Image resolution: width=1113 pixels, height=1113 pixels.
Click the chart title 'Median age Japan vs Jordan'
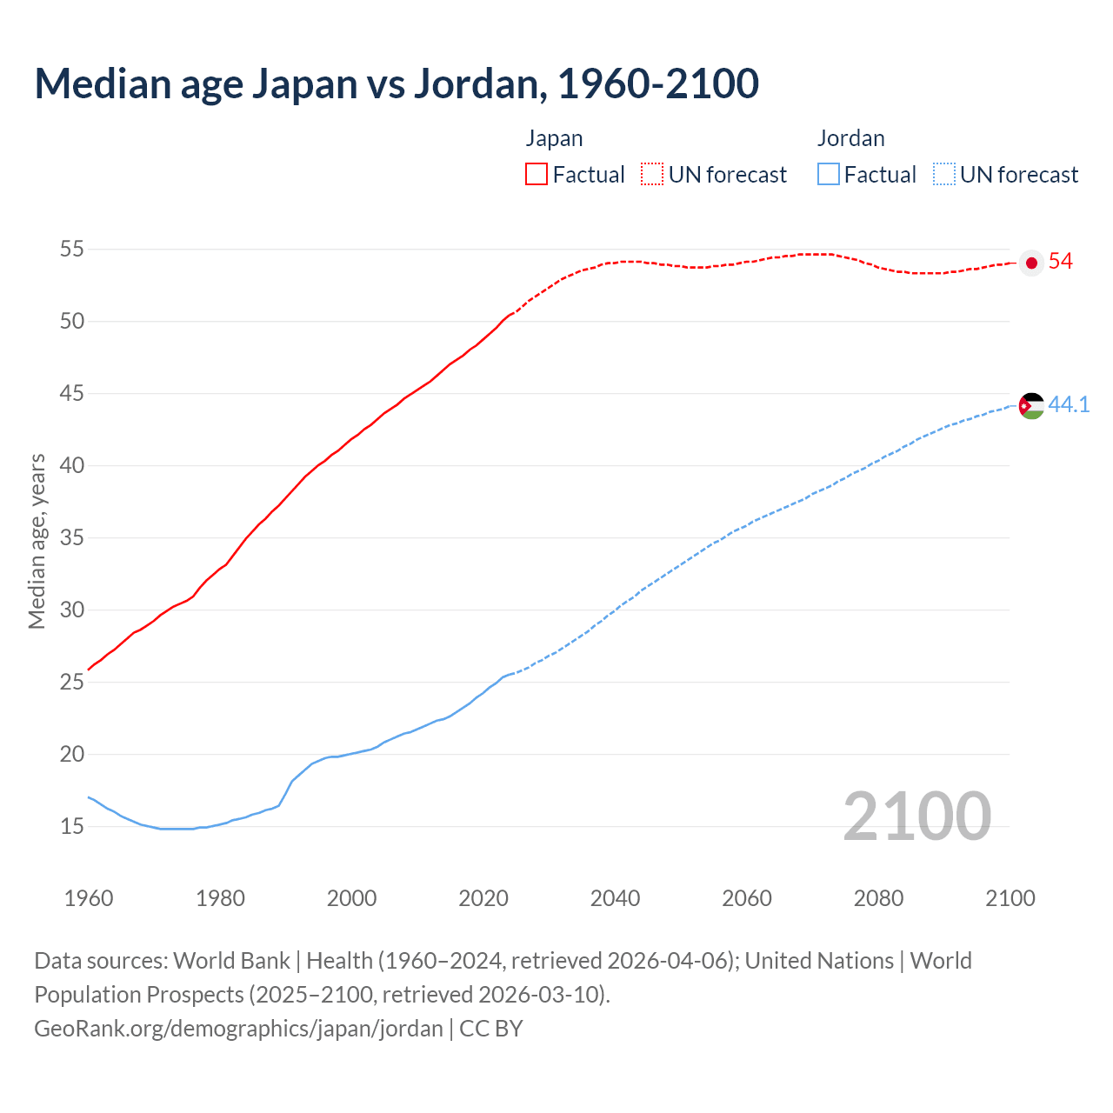[x=397, y=83]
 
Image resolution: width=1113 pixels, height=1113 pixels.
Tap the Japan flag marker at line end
[x=1031, y=263]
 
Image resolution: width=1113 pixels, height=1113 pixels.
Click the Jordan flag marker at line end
[x=1031, y=405]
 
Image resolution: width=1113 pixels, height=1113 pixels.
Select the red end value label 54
[x=1060, y=262]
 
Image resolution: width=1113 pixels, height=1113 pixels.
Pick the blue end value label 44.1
[x=1069, y=404]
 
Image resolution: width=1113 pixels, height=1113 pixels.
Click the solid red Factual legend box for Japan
[x=537, y=175]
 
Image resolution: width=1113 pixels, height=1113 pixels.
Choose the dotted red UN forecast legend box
[x=652, y=175]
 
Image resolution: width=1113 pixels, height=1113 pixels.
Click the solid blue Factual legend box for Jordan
[x=829, y=175]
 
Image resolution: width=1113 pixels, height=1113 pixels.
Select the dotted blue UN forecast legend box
[x=943, y=175]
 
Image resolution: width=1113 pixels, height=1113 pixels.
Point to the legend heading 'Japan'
[x=554, y=138]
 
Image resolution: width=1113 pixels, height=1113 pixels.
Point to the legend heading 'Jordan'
[x=850, y=138]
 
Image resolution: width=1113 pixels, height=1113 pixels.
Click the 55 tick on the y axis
[x=71, y=250]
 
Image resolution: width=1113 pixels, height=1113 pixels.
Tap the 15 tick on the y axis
[x=71, y=826]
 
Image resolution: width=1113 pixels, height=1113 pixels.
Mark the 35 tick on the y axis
[x=71, y=538]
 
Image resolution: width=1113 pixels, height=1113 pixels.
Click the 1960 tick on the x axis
[x=89, y=898]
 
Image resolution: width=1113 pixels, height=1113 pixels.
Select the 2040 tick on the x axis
[x=615, y=898]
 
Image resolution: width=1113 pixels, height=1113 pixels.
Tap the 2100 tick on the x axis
[x=1010, y=898]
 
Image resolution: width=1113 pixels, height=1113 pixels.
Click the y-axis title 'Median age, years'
[x=37, y=541]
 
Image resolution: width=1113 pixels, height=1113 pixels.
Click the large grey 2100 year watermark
[x=916, y=816]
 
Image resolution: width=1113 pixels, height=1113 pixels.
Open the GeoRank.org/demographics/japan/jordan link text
[x=238, y=1029]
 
